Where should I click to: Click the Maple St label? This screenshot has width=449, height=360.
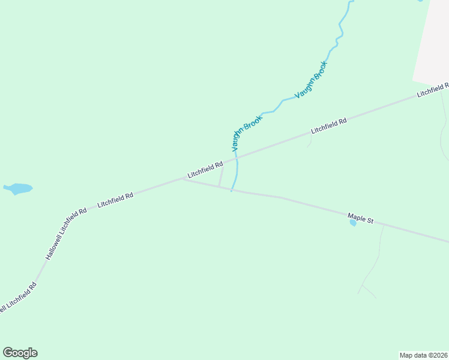coord(361,218)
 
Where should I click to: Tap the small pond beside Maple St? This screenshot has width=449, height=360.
coord(353,223)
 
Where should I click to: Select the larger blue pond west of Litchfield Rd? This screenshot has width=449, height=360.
coord(18,188)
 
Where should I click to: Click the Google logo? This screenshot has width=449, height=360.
coord(20,353)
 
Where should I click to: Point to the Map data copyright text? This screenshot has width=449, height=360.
coord(423,355)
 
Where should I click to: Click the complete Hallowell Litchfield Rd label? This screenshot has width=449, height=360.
coord(67,233)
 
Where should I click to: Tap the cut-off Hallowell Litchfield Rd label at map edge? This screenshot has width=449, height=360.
coord(18,298)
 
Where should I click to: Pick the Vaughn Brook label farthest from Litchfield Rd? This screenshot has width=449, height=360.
coord(311,80)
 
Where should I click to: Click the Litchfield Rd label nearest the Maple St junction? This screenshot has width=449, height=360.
coord(205,169)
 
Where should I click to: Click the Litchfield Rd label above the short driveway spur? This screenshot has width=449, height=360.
coord(329,125)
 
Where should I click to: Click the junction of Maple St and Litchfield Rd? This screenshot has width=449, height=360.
coord(184,179)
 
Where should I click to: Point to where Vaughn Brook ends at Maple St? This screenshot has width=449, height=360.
coord(232,191)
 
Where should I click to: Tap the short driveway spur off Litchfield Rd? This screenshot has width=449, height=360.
coord(310,140)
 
